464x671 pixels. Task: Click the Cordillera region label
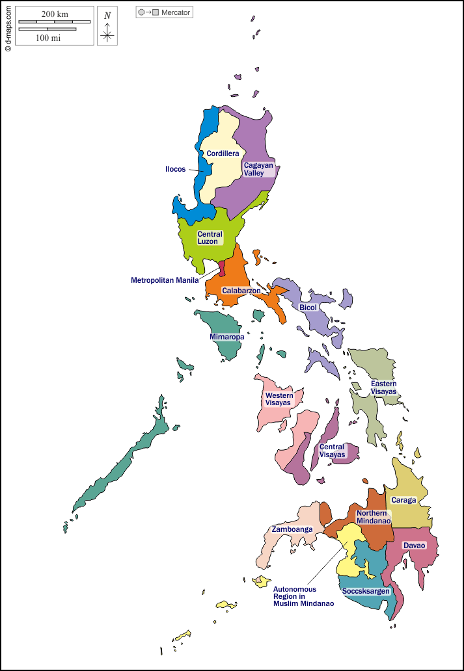point(223,153)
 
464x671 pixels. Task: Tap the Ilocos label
point(175,169)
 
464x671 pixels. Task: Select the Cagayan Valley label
point(258,169)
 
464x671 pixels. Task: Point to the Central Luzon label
point(210,237)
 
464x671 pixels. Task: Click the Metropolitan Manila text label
point(165,280)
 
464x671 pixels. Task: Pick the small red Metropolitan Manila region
point(221,269)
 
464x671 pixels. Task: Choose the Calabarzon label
point(241,291)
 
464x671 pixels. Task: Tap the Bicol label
point(308,307)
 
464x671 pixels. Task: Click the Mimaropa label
point(227,337)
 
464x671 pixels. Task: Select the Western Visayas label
point(279,399)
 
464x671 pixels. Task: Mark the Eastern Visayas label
point(383,388)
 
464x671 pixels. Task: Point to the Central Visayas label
point(331,451)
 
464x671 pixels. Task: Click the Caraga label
point(403,501)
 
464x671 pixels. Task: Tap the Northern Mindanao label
point(373,517)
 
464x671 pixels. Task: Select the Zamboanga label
point(292,529)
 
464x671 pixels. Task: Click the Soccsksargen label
point(366,591)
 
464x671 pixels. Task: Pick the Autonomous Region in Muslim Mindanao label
point(303,596)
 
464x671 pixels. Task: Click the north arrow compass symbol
point(107,27)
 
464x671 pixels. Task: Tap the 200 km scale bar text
point(54,14)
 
